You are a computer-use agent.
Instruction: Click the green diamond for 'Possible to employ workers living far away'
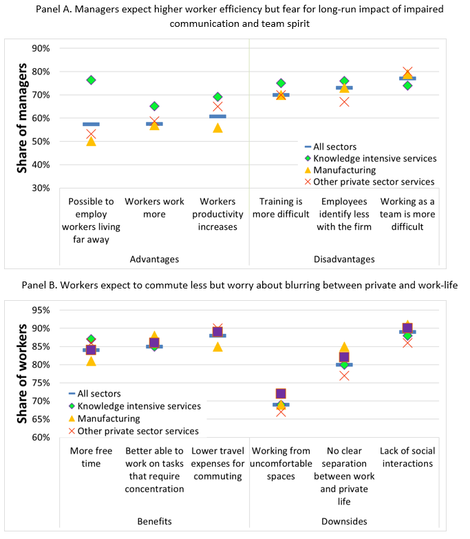(x=91, y=81)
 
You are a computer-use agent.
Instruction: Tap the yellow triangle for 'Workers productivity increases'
(x=217, y=127)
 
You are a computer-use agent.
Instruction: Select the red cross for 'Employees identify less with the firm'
(x=344, y=102)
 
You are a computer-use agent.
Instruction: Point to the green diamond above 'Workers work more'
(x=154, y=106)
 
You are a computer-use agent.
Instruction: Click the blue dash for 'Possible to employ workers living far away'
(x=91, y=124)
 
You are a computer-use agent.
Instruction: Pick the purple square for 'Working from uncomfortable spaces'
(x=281, y=394)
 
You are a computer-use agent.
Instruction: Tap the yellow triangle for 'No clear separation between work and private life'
(x=344, y=348)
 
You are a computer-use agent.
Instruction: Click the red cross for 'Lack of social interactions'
(x=407, y=342)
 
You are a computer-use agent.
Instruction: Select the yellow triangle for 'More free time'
(x=91, y=361)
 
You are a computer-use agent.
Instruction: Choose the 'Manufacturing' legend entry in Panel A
(x=344, y=170)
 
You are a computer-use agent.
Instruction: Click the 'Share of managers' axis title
(x=23, y=118)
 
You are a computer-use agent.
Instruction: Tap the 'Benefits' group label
(x=154, y=522)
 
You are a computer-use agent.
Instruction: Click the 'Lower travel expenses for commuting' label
(x=217, y=463)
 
